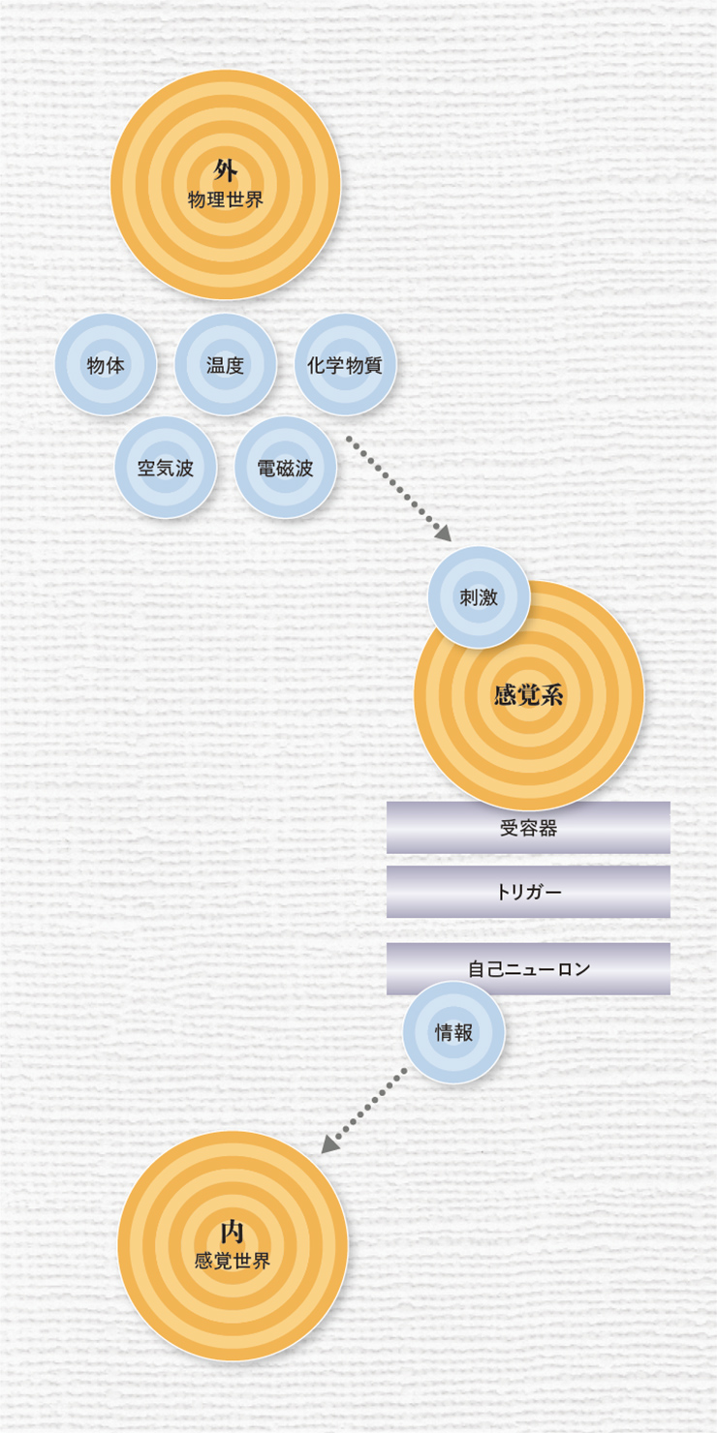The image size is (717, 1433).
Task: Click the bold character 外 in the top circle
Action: (226, 171)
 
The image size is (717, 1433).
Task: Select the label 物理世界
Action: (226, 200)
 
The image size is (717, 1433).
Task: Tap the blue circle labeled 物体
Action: (106, 365)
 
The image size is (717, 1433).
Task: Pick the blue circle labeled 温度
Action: (226, 365)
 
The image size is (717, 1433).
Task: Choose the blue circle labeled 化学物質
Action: (345, 365)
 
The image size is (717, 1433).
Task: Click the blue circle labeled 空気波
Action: (166, 468)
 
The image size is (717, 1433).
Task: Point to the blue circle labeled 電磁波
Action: (286, 468)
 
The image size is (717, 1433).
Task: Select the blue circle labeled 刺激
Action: (479, 597)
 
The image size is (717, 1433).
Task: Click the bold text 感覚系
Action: (529, 695)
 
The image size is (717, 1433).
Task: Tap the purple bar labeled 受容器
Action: (528, 827)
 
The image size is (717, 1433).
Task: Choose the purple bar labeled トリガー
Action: (528, 892)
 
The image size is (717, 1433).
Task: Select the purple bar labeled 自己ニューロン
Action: (528, 968)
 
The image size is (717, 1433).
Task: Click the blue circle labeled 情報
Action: (453, 1032)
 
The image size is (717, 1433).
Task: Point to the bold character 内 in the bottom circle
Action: (232, 1233)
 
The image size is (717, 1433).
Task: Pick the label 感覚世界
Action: (233, 1261)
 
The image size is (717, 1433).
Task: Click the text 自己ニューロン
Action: (529, 969)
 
